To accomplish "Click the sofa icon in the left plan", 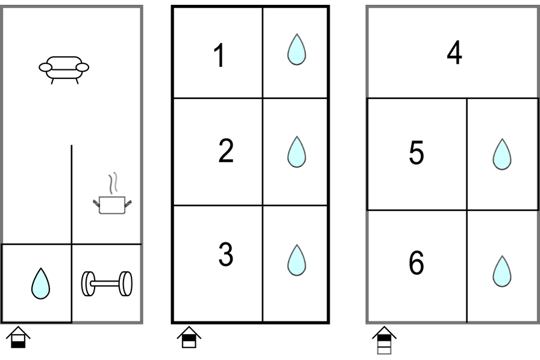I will [63, 67].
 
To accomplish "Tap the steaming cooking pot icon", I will [113, 203].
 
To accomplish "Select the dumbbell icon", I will [107, 284].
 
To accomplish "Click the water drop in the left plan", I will [40, 283].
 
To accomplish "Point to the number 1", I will [220, 57].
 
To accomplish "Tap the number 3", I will [225, 255].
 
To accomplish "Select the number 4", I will [454, 53].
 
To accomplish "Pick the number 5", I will [416, 154].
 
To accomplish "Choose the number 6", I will [416, 264].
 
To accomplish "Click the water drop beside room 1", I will [296, 49].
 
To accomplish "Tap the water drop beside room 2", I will [296, 151].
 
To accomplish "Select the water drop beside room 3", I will [296, 259].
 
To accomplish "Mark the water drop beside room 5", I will [501, 154].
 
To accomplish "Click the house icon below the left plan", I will [20, 337].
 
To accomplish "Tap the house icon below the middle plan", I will [189, 337].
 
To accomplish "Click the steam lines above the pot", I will [112, 183].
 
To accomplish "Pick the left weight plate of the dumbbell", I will [88, 284].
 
